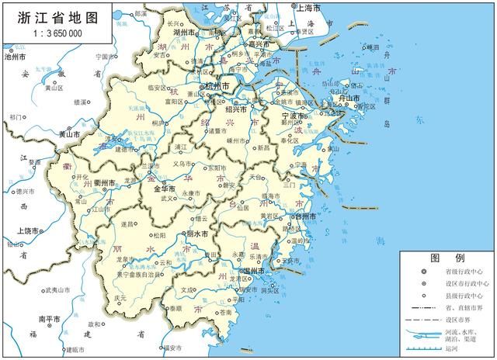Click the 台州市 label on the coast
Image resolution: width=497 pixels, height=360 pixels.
coord(303,216)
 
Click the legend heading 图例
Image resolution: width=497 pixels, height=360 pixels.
coord(447,258)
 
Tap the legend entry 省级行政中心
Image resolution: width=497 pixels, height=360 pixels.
coord(461,272)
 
